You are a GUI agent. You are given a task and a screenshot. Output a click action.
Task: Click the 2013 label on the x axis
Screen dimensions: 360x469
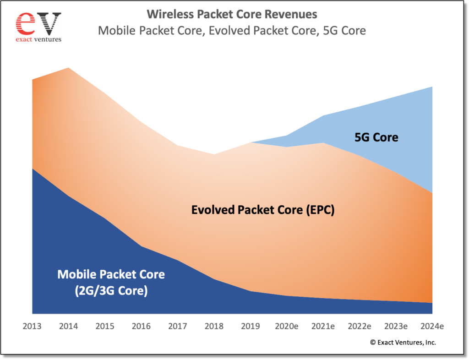pyautogui.click(x=32, y=327)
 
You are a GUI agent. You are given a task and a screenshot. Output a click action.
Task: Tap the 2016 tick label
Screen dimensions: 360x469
pyautogui.click(x=141, y=327)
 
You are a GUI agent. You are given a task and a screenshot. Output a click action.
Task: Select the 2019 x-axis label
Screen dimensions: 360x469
pyautogui.click(x=251, y=327)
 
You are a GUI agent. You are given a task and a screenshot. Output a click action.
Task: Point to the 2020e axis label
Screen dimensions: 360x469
pyautogui.click(x=287, y=327)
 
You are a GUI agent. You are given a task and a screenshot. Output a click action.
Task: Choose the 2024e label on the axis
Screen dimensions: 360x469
pyautogui.click(x=432, y=327)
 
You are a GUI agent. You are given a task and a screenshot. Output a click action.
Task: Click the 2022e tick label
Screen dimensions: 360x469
pyautogui.click(x=360, y=327)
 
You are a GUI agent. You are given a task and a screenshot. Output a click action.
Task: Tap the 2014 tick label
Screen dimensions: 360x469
pyautogui.click(x=69, y=327)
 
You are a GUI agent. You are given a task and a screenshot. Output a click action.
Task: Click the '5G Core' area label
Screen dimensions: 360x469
pyautogui.click(x=376, y=137)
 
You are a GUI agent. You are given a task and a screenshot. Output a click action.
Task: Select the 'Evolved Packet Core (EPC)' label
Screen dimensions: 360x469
pyautogui.click(x=263, y=210)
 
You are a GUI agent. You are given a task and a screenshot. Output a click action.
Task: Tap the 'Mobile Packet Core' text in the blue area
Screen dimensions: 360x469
pyautogui.click(x=111, y=274)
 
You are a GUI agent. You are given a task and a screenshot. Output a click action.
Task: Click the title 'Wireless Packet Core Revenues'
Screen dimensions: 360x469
pyautogui.click(x=232, y=14)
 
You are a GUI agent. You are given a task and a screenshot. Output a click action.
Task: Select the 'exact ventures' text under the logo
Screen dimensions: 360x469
pyautogui.click(x=38, y=39)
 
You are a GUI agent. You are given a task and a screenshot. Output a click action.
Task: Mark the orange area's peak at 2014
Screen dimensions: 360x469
pyautogui.click(x=69, y=68)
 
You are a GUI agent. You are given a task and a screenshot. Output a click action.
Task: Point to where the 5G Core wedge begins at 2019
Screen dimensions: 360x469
pyautogui.click(x=251, y=142)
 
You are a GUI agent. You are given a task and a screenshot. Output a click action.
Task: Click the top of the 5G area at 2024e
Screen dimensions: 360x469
pyautogui.click(x=432, y=87)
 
